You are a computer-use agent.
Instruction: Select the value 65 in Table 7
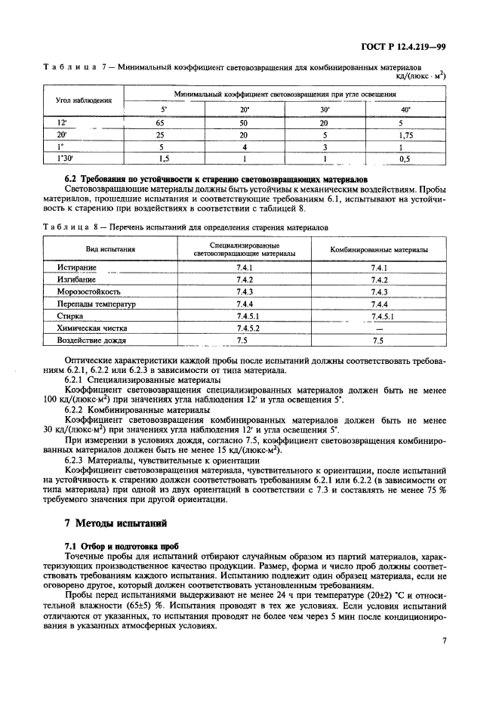[161, 122]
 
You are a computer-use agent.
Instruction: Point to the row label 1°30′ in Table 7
[63, 159]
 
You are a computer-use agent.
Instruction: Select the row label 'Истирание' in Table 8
[76, 268]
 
